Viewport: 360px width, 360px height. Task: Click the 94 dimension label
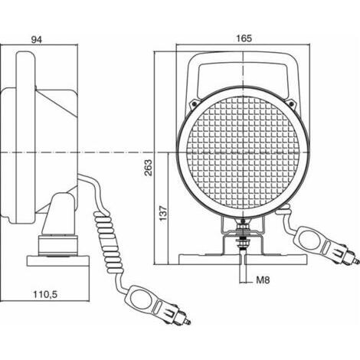click(x=37, y=40)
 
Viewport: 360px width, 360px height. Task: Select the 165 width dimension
click(x=244, y=38)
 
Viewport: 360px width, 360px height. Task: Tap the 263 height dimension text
click(x=148, y=168)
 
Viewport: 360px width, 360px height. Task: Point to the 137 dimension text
click(x=163, y=213)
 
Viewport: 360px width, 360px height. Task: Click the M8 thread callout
click(x=263, y=280)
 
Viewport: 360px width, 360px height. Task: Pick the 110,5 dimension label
click(x=45, y=295)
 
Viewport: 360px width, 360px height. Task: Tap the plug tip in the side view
click(x=188, y=322)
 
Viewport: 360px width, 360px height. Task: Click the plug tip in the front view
click(x=356, y=261)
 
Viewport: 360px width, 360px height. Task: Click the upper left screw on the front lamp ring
click(x=195, y=103)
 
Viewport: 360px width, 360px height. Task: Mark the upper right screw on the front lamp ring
click(x=291, y=103)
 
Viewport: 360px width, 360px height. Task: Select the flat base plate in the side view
click(x=58, y=261)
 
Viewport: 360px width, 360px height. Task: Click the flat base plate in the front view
click(x=243, y=260)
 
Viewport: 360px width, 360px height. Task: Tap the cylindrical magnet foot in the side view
click(x=58, y=245)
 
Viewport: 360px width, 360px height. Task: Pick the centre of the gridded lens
click(x=243, y=152)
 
